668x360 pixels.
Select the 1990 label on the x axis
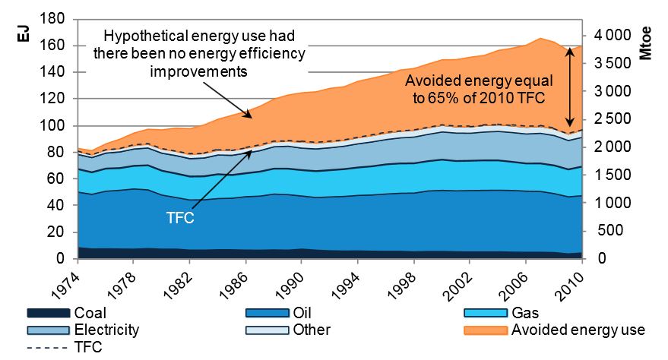[x=296, y=283]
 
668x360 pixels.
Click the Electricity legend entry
[x=106, y=330]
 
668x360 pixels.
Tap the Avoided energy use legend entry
[x=577, y=330]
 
